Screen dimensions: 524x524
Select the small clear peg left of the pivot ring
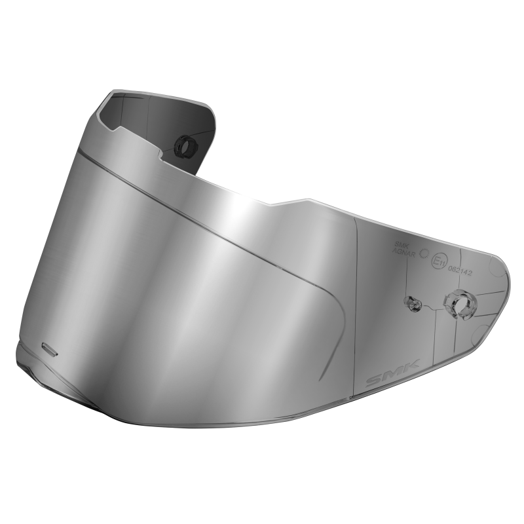click(413, 303)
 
